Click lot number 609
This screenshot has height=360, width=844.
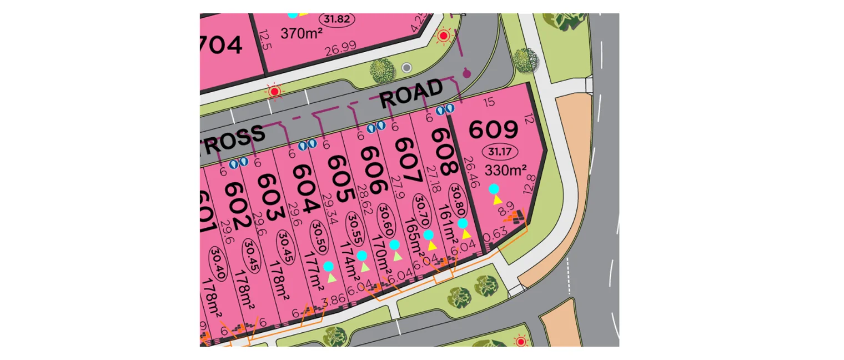(494, 129)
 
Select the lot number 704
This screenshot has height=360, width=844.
(221, 44)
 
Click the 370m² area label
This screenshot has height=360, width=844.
(302, 34)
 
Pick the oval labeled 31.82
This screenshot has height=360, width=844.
(336, 18)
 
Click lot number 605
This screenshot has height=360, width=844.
(339, 177)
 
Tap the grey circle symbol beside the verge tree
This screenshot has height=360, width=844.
(407, 68)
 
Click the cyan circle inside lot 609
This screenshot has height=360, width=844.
(493, 189)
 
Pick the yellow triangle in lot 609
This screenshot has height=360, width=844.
(498, 199)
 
